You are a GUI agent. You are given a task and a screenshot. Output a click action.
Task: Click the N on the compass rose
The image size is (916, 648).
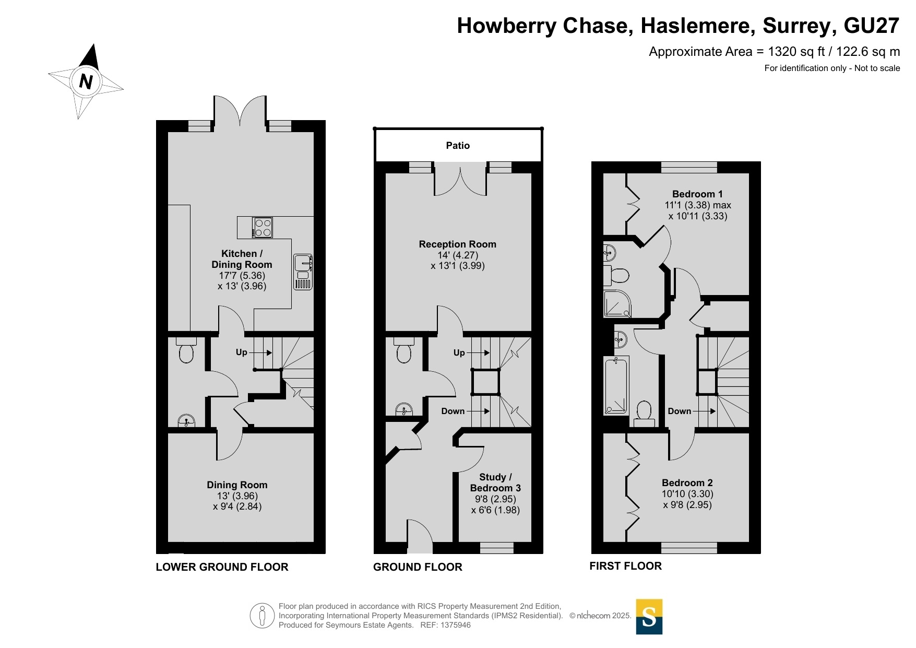click(86, 81)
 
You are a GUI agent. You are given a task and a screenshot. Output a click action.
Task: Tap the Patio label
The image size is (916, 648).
click(458, 146)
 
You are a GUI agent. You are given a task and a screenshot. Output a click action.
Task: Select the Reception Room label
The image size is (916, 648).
click(458, 244)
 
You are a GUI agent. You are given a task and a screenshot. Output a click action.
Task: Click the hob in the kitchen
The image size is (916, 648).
click(263, 227)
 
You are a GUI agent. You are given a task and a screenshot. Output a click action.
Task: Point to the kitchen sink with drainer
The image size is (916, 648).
click(303, 272)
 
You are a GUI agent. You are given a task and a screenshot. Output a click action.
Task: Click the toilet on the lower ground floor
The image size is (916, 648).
click(186, 350)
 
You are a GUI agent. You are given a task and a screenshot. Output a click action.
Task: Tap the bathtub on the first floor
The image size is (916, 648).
click(616, 385)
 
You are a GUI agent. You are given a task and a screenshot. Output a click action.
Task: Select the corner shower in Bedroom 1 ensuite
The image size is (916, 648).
click(617, 304)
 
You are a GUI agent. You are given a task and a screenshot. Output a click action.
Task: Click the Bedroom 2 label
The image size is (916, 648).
click(687, 482)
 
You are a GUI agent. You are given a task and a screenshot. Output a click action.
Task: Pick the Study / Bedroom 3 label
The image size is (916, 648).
click(495, 482)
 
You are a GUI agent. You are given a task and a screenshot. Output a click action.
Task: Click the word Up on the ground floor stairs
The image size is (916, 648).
click(459, 352)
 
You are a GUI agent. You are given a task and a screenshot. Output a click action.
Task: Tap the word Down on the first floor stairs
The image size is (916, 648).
click(680, 411)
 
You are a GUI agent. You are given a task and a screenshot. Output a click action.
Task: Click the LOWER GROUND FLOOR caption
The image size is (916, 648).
click(222, 567)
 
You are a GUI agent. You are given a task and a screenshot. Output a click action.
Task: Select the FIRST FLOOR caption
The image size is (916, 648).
click(625, 566)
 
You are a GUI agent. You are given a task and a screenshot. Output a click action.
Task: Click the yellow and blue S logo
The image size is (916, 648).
click(649, 617)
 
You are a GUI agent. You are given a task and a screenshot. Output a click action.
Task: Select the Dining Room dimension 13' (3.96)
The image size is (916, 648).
click(237, 496)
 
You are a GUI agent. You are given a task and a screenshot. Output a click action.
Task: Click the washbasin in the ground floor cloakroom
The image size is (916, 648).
click(404, 409)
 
